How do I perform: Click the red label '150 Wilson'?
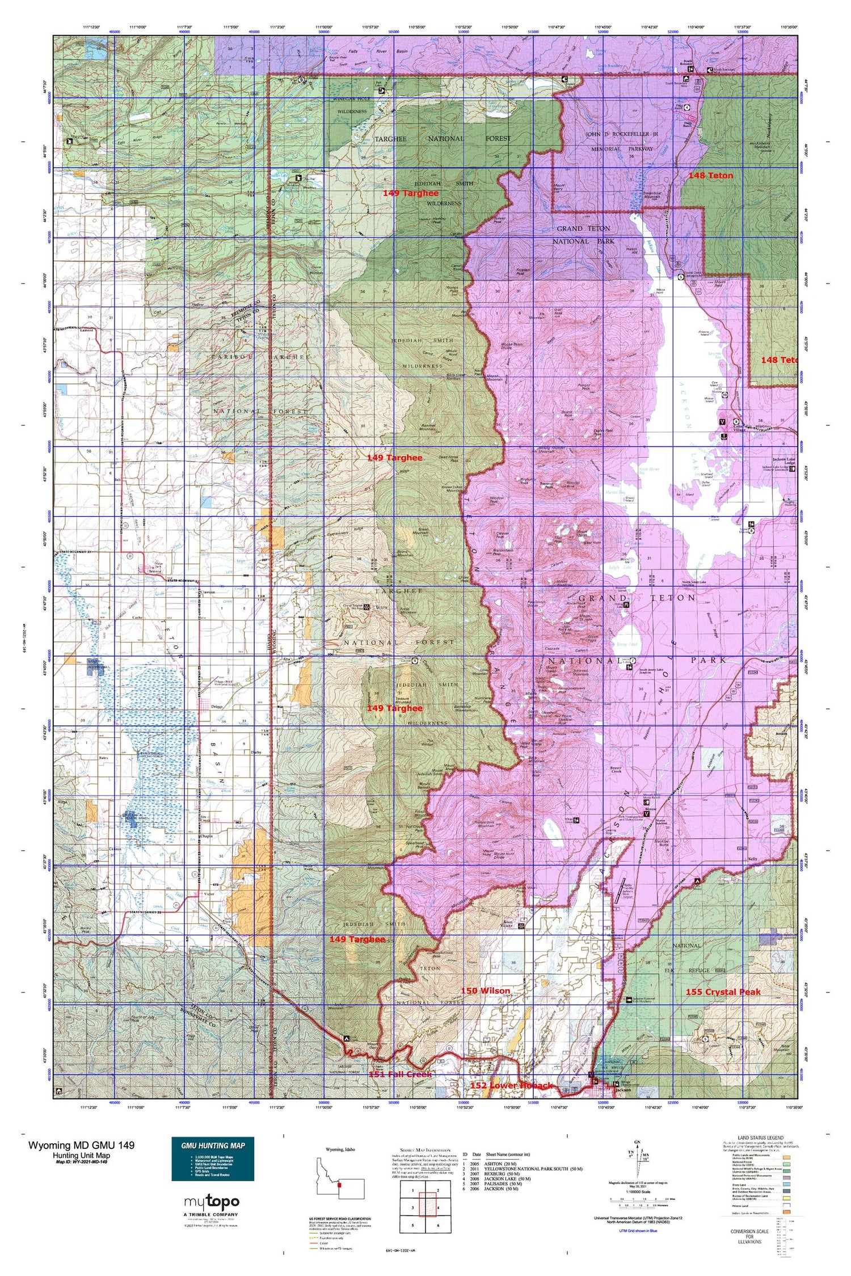tap(485, 991)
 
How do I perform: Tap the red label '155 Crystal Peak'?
tap(723, 992)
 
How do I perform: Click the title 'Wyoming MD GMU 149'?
tap(82, 1145)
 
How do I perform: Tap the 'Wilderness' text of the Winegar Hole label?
tap(352, 112)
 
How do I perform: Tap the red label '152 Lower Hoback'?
tap(511, 1085)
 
